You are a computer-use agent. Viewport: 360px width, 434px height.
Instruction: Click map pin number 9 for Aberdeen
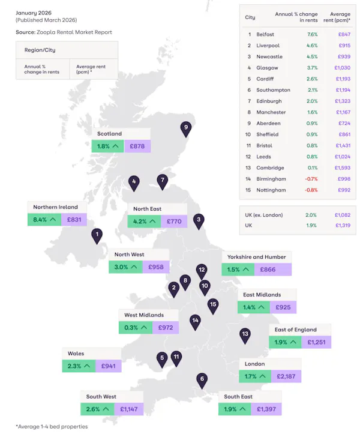(186, 128)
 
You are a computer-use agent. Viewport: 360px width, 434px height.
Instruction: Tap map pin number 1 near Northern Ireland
(97, 235)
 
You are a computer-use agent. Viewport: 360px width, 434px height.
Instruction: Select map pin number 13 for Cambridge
(245, 334)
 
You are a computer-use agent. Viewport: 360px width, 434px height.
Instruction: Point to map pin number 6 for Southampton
(202, 379)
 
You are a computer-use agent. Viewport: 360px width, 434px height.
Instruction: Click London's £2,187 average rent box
(285, 376)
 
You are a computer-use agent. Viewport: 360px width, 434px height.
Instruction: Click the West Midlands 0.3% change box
(136, 327)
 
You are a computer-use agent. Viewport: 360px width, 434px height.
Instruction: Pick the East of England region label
(295, 330)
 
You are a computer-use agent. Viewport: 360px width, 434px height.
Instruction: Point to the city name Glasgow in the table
(267, 68)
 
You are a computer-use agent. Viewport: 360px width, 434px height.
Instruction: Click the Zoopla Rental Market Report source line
(64, 32)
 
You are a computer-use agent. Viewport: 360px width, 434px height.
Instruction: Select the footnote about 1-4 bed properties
(52, 426)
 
